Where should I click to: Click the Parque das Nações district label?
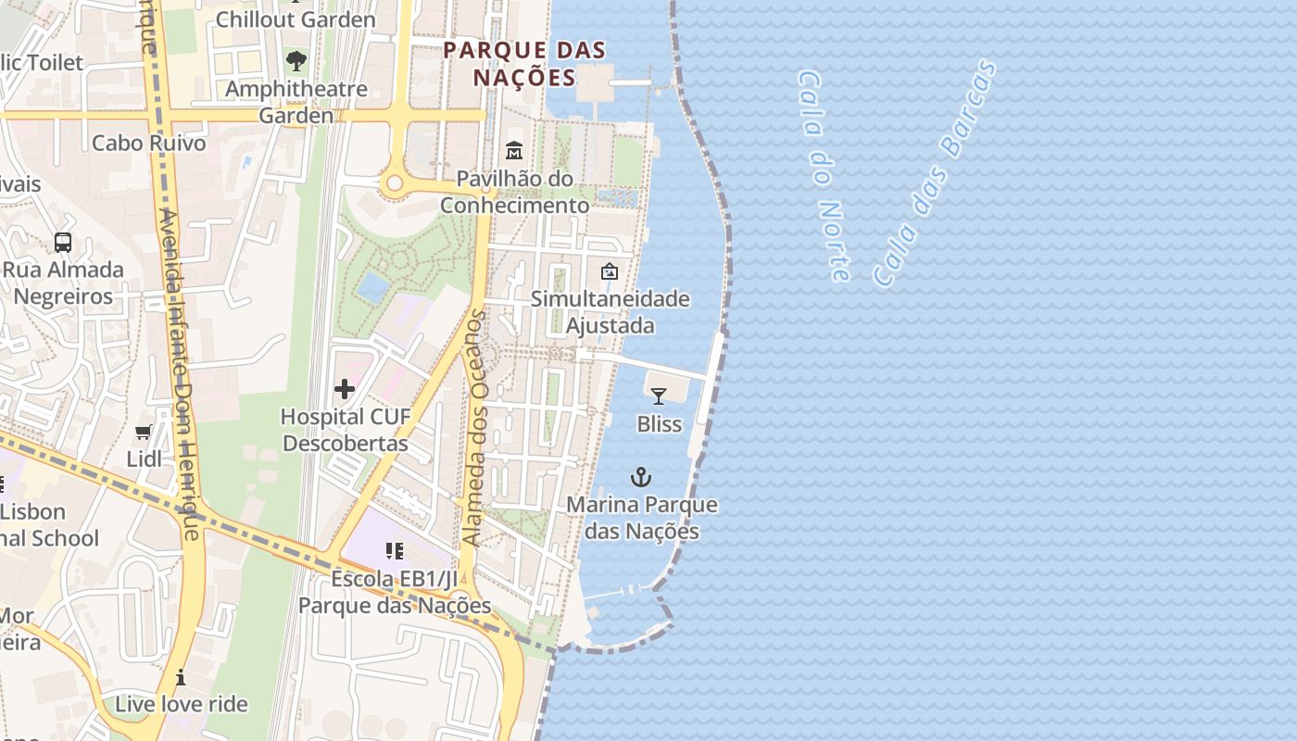pyautogui.click(x=524, y=63)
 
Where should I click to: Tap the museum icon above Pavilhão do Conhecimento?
pyautogui.click(x=514, y=150)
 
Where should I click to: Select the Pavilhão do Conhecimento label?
pyautogui.click(x=514, y=192)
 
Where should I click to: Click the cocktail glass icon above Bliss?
pyautogui.click(x=659, y=396)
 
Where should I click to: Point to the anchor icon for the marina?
pyautogui.click(x=640, y=477)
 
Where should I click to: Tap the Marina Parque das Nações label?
pyautogui.click(x=642, y=518)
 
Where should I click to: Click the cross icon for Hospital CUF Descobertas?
pyautogui.click(x=345, y=389)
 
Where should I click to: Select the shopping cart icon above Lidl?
pyautogui.click(x=144, y=432)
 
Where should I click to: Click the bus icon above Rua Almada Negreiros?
pyautogui.click(x=63, y=243)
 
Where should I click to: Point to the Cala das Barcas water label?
pyautogui.click(x=935, y=173)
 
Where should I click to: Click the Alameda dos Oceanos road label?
pyautogui.click(x=474, y=428)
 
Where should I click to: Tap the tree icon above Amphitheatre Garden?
pyautogui.click(x=296, y=62)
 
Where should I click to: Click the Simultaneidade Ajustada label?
pyautogui.click(x=611, y=312)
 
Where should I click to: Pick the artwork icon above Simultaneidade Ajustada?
pyautogui.click(x=610, y=271)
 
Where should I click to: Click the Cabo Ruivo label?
pyautogui.click(x=148, y=144)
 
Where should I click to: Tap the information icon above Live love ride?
pyautogui.click(x=181, y=677)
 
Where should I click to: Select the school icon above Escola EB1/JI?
pyautogui.click(x=395, y=551)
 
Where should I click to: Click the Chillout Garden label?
pyautogui.click(x=296, y=19)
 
